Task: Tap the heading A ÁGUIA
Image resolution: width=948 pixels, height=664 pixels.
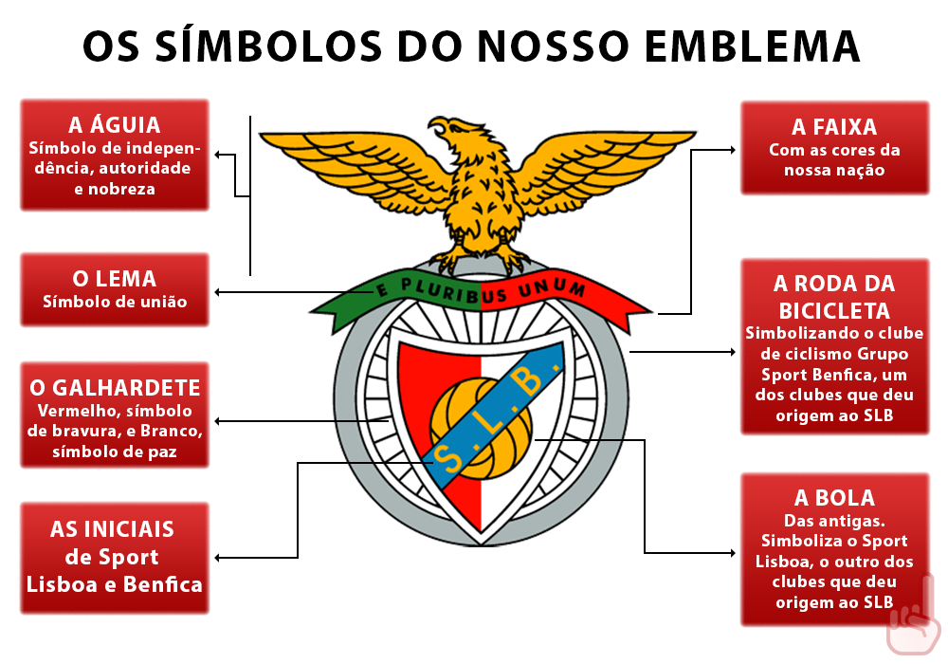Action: coord(115,125)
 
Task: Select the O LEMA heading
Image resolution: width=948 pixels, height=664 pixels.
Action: coord(115,279)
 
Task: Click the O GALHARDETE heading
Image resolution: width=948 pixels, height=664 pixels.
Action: coord(115,388)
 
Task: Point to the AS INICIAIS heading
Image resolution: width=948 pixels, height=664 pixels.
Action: coord(113,529)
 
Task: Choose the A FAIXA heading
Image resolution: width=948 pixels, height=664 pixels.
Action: coord(834,127)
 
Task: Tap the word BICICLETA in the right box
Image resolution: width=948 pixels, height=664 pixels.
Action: coord(834,310)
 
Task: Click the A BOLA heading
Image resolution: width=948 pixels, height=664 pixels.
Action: coord(834,498)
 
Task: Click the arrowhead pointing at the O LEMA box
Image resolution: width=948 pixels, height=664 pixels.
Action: coord(219,291)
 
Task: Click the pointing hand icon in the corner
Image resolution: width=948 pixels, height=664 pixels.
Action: coord(913,623)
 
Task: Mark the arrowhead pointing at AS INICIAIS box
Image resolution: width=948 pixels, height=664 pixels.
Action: coord(219,557)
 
